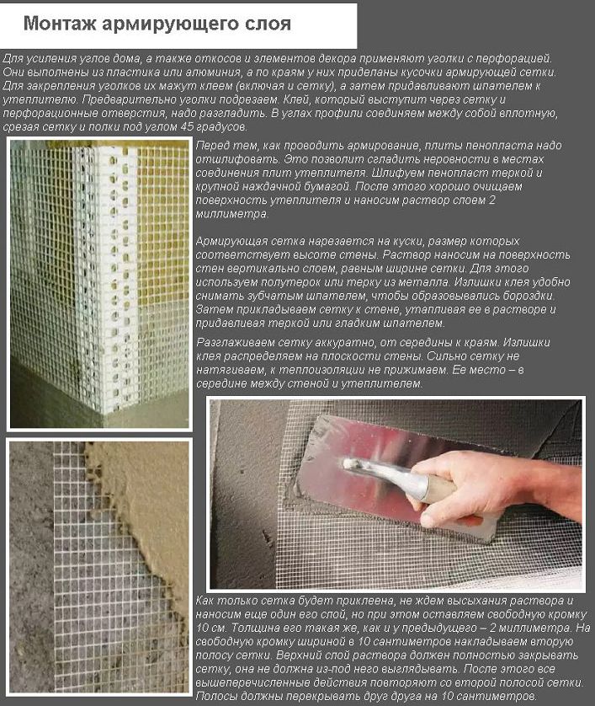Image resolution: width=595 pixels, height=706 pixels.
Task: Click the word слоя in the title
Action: pos(269,24)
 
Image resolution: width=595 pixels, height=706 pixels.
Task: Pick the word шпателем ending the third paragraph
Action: pos(420,323)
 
